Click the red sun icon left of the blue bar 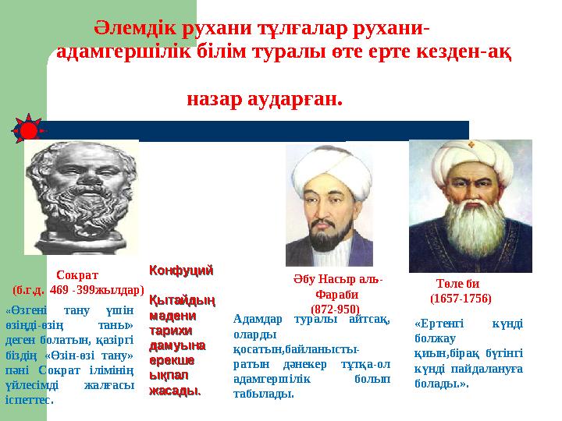coord(28,130)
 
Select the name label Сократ coord(77,274)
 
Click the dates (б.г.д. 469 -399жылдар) coord(79,289)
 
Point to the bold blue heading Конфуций coord(181,271)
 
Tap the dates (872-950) coord(336,309)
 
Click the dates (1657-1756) coord(460,298)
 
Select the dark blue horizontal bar coord(258,130)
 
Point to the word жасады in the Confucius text coord(174,391)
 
